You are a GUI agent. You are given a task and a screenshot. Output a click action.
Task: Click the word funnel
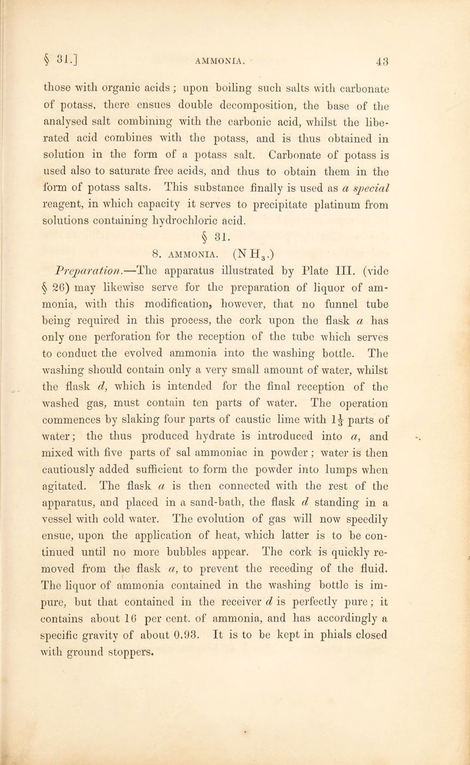tap(340, 309)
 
